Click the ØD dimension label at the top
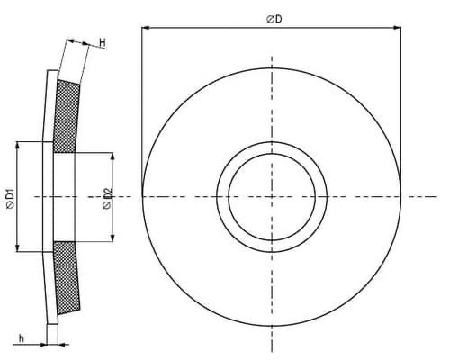tap(274, 19)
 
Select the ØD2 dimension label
tap(107, 198)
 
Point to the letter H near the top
tap(103, 43)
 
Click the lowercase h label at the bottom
tap(21, 338)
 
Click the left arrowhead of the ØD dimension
tap(146, 28)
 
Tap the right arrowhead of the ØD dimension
tap(397, 28)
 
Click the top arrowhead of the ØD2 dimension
tap(112, 157)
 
